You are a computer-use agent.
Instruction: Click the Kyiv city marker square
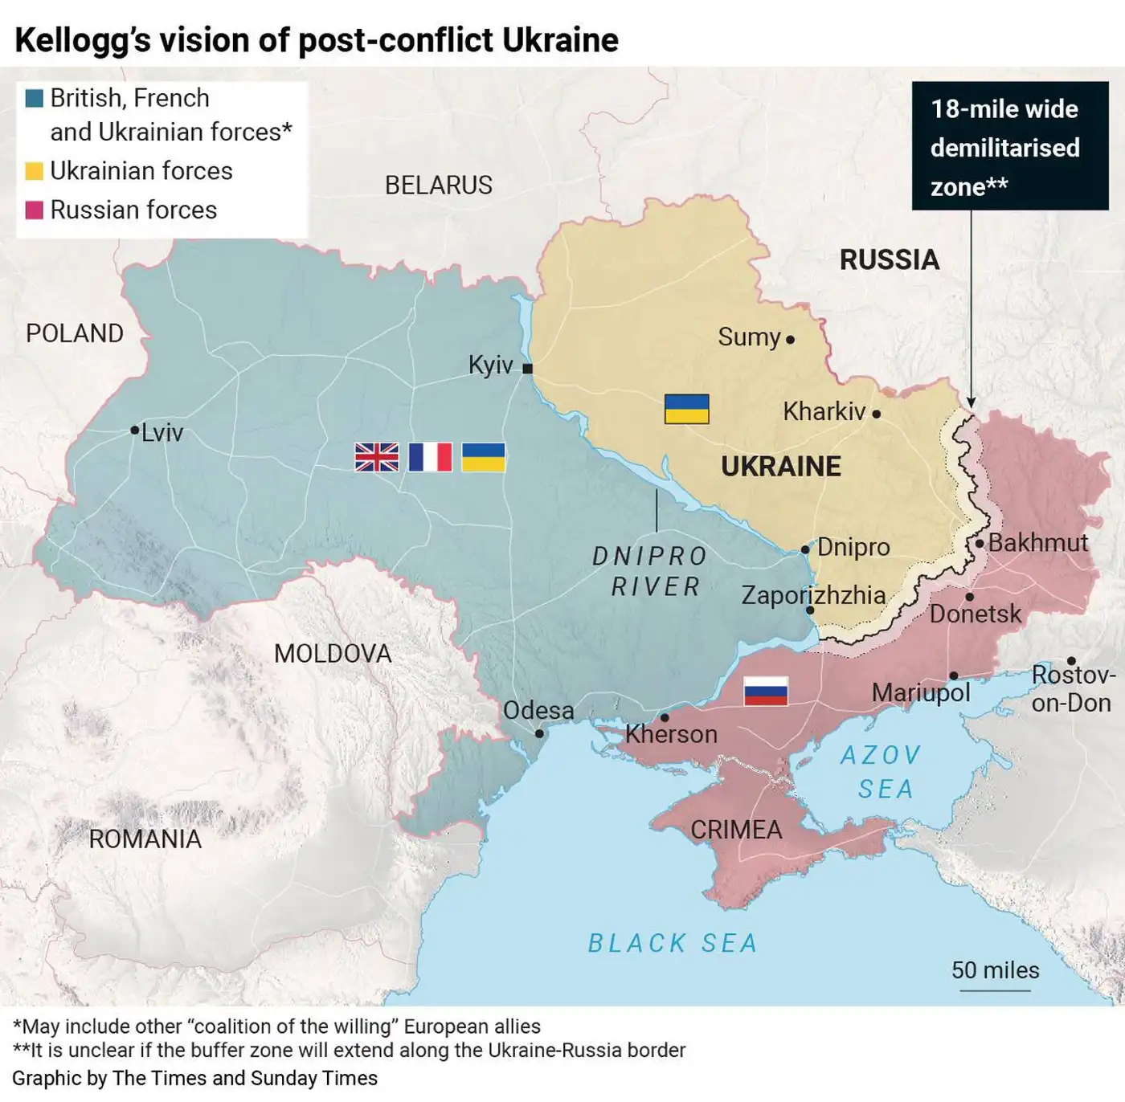pos(527,369)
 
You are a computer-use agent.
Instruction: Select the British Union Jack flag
pos(377,457)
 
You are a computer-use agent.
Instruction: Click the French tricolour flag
pos(430,457)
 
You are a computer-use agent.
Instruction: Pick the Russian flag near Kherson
pos(765,691)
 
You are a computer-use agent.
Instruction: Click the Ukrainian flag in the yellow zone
pos(686,409)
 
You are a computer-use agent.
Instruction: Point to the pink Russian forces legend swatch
pos(35,210)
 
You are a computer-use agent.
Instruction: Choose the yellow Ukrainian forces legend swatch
pos(35,171)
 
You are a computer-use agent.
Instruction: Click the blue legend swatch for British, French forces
pos(35,99)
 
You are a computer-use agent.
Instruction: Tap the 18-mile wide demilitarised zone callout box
pos(1009,146)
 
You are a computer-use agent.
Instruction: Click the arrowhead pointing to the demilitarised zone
pos(971,402)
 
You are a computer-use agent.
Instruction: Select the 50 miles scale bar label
pos(995,970)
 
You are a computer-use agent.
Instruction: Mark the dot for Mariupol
pos(953,675)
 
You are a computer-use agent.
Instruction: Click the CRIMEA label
pos(736,830)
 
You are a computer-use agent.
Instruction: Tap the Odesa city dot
pos(539,733)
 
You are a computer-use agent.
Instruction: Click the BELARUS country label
pos(438,186)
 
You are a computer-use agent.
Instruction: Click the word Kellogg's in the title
pos(83,40)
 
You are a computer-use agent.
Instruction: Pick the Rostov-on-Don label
pos(1072,689)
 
